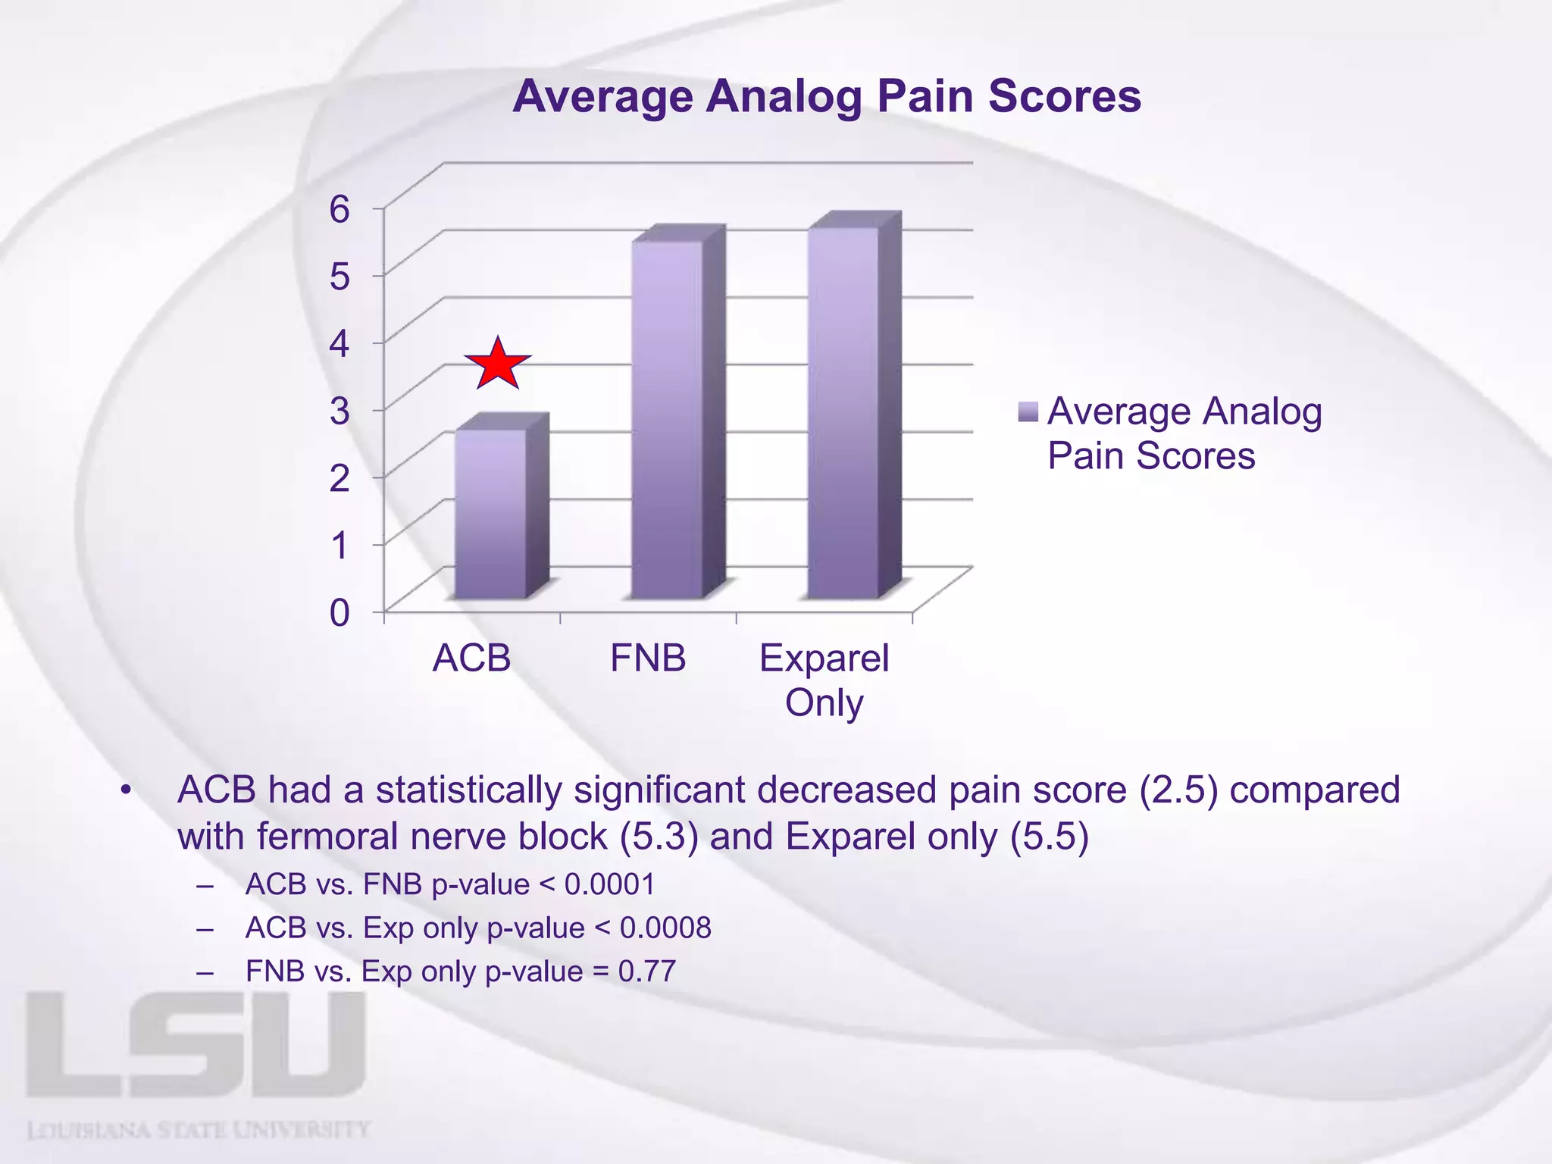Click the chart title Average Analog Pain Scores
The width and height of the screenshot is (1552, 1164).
click(x=827, y=97)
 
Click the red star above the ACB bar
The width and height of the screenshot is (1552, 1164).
click(x=498, y=365)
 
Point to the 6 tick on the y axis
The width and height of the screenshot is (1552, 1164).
click(x=339, y=208)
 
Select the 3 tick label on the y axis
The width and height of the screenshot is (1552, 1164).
click(x=339, y=411)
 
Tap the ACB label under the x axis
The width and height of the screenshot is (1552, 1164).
click(x=471, y=658)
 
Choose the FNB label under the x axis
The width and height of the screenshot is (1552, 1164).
click(x=648, y=658)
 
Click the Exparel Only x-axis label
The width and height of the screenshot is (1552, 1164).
click(x=824, y=680)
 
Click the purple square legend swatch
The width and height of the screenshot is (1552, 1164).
click(x=1028, y=412)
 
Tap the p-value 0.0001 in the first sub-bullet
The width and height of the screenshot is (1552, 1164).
click(x=609, y=884)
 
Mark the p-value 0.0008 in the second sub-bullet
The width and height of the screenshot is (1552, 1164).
click(x=665, y=928)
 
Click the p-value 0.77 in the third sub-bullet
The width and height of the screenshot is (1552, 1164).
click(x=646, y=972)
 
